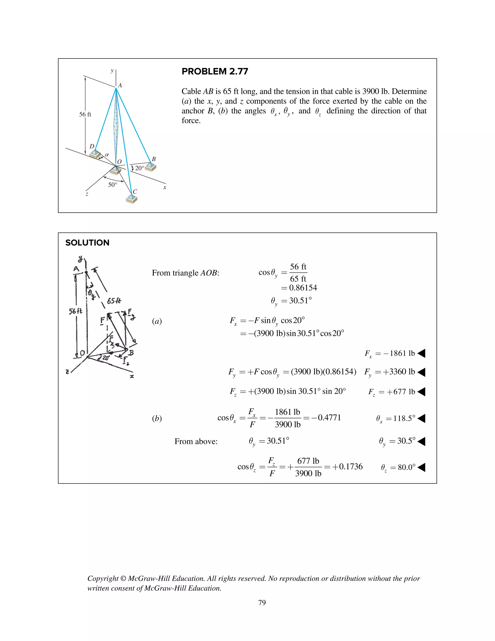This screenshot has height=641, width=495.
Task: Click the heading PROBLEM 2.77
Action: [x=215, y=71]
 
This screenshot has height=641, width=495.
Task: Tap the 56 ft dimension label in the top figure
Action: [x=85, y=114]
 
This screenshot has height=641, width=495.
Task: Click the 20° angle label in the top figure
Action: [x=139, y=168]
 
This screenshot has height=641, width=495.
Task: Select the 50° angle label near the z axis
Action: [x=112, y=185]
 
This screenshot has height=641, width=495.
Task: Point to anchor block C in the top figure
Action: [x=131, y=199]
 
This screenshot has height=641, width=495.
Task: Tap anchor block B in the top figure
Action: [x=150, y=166]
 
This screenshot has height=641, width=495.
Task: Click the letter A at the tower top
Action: [x=120, y=85]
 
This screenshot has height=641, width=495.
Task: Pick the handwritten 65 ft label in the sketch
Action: [x=114, y=301]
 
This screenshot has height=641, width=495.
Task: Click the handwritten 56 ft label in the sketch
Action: [x=75, y=311]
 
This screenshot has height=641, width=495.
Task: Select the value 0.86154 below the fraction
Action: [x=303, y=288]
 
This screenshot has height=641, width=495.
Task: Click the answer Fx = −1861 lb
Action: [x=390, y=353]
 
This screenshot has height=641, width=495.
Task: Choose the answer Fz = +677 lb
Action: [x=392, y=392]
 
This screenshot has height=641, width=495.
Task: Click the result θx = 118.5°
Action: [x=396, y=418]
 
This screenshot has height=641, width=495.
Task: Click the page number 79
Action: [x=262, y=603]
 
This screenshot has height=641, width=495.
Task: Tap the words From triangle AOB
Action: [x=185, y=273]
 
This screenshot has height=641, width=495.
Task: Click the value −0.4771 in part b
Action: [x=326, y=418]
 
